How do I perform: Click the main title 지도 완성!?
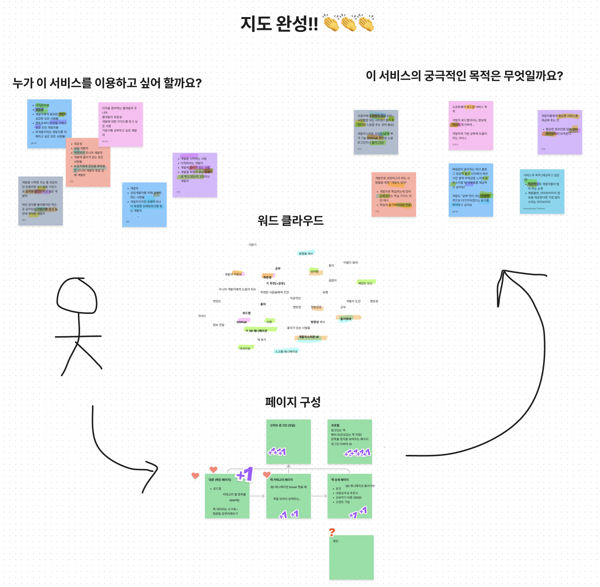[279, 24]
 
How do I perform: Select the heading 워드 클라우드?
[290, 221]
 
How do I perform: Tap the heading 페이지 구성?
[293, 402]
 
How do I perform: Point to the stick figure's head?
[77, 295]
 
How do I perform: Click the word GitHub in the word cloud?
[241, 322]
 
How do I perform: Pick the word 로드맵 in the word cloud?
[247, 313]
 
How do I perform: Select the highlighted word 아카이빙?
[245, 348]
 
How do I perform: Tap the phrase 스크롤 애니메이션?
[286, 351]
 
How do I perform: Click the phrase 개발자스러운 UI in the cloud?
[309, 337]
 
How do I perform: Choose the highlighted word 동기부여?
[346, 319]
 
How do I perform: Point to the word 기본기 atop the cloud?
[253, 245]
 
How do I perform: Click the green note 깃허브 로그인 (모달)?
[289, 442]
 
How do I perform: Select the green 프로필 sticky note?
[350, 442]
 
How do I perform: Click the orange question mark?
[332, 532]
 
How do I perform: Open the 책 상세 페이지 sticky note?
[350, 496]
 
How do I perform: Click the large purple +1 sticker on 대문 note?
[245, 474]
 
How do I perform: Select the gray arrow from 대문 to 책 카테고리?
[258, 496]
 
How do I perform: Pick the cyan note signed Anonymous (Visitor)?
[542, 191]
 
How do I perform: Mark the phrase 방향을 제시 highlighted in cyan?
[306, 253]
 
